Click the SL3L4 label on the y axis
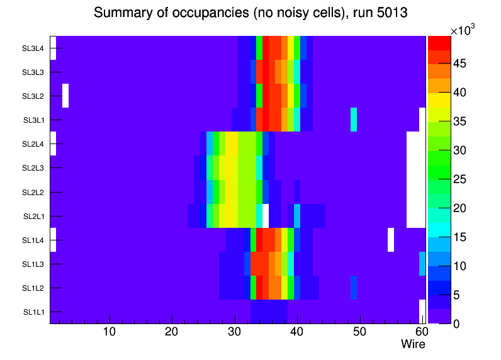pyautogui.click(x=33, y=48)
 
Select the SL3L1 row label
pyautogui.click(x=33, y=120)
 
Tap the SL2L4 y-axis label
pyautogui.click(x=33, y=144)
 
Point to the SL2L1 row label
pyautogui.click(x=33, y=217)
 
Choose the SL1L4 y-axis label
pyautogui.click(x=33, y=240)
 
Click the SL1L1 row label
pyautogui.click(x=33, y=312)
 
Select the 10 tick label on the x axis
pyautogui.click(x=110, y=332)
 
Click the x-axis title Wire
pyautogui.click(x=414, y=344)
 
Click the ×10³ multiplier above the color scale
pyautogui.click(x=464, y=30)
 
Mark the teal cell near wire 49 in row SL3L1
pyautogui.click(x=354, y=120)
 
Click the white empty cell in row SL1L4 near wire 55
pyautogui.click(x=391, y=240)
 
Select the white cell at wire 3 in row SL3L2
pyautogui.click(x=65, y=96)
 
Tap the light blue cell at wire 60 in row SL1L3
pyautogui.click(x=422, y=264)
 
